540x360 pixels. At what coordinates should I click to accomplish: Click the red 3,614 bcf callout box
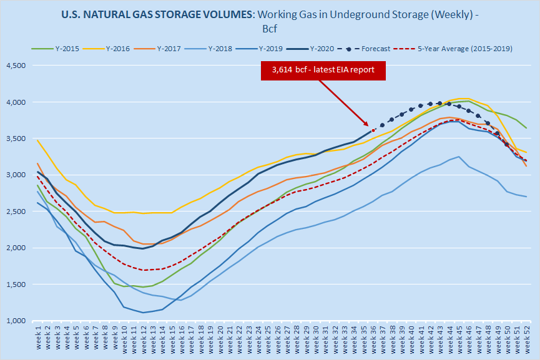click(x=323, y=71)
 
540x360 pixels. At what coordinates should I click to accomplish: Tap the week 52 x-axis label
click(x=528, y=340)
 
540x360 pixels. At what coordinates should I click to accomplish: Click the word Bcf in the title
click(x=270, y=27)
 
